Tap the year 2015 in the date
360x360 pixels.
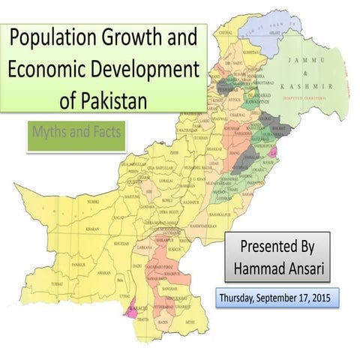pos(323,298)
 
